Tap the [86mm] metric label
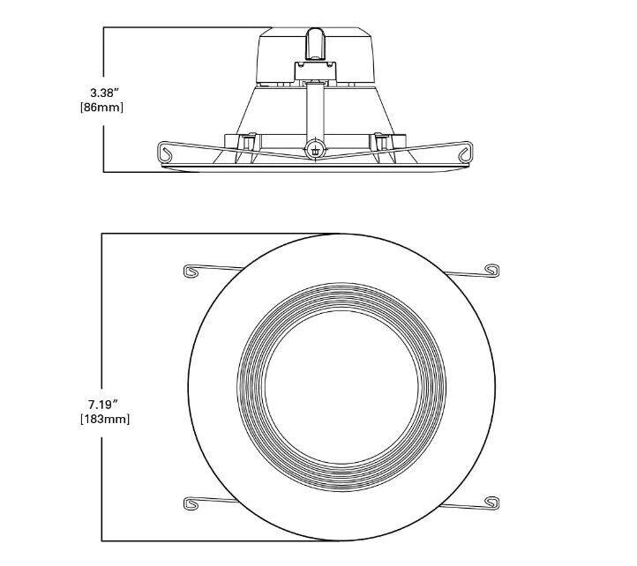point(103,107)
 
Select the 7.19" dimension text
point(104,403)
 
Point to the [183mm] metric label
point(104,419)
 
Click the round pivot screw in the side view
point(316,150)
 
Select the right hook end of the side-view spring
point(465,155)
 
